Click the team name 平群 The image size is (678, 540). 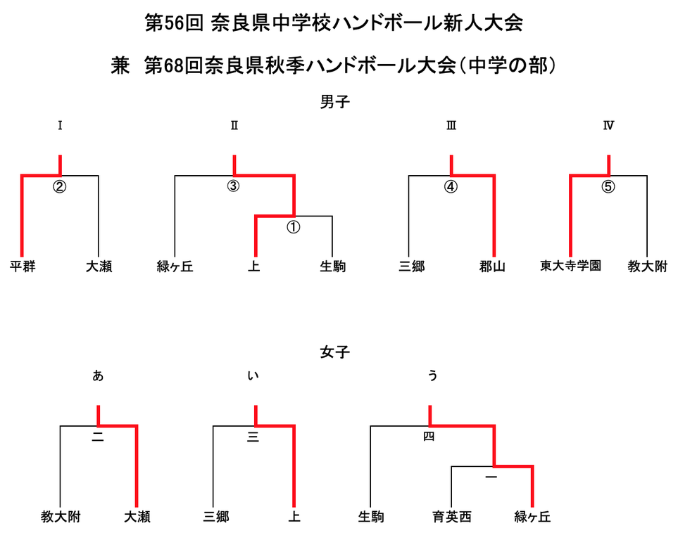23,267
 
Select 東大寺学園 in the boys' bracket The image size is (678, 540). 570,266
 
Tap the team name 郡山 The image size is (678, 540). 493,267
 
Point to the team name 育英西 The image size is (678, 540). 451,517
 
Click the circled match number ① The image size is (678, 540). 294,227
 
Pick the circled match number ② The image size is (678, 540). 60,187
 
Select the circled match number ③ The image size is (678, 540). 234,187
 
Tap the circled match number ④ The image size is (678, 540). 451,187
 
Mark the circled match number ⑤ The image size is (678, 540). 608,187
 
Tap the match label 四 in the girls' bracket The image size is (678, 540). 429,437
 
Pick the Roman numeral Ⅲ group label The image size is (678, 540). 451,126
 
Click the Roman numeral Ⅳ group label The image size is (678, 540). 608,126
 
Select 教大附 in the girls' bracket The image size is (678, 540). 61,517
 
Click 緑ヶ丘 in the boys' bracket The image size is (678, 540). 175,267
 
